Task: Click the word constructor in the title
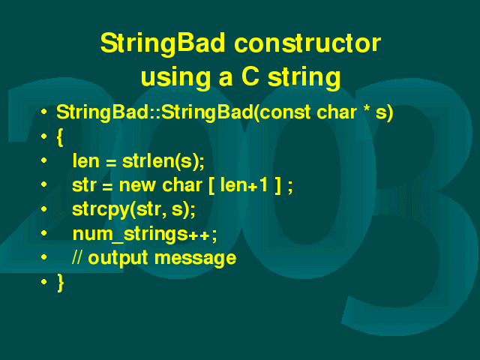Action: (307, 43)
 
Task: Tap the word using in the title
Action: (175, 78)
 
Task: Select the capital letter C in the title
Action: (250, 76)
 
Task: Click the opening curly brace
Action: (60, 137)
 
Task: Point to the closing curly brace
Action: (60, 283)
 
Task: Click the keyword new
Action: (137, 186)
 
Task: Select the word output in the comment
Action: (118, 258)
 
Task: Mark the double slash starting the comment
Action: (76, 256)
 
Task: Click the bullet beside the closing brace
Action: (44, 282)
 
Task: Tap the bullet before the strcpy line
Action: (44, 209)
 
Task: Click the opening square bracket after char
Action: (211, 185)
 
